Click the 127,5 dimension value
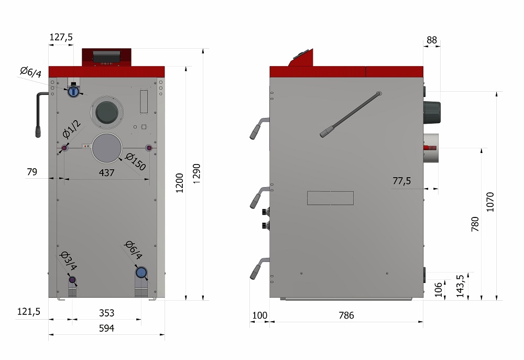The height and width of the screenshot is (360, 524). pos(61,37)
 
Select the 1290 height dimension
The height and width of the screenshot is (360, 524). pos(196,173)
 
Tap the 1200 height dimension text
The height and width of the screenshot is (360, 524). pos(179,183)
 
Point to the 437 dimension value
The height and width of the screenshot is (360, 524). pos(106,172)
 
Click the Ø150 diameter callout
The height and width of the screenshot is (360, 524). pos(135,161)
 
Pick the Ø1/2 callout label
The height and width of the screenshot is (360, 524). pos(71,129)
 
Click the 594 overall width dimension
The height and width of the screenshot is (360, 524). pos(106,328)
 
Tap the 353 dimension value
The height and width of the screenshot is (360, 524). pos(106,313)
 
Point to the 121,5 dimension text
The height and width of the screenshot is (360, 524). pos(29,312)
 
